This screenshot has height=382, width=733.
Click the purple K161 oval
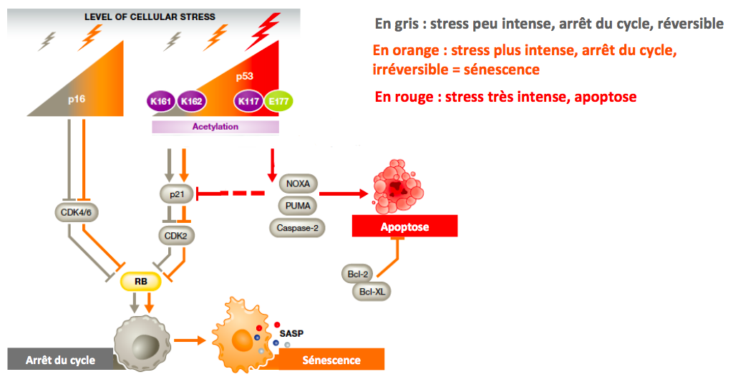(161, 101)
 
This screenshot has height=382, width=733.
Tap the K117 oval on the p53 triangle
(248, 101)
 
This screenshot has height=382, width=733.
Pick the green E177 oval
(276, 101)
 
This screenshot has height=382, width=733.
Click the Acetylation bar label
(215, 127)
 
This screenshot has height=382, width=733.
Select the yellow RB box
(140, 281)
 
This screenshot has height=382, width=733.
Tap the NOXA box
(298, 183)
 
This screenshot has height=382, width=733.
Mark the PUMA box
(298, 206)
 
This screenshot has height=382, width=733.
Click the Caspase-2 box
(298, 228)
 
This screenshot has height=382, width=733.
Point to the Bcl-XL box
(372, 291)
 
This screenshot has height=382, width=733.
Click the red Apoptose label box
(404, 226)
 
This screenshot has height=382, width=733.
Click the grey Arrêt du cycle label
(60, 360)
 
